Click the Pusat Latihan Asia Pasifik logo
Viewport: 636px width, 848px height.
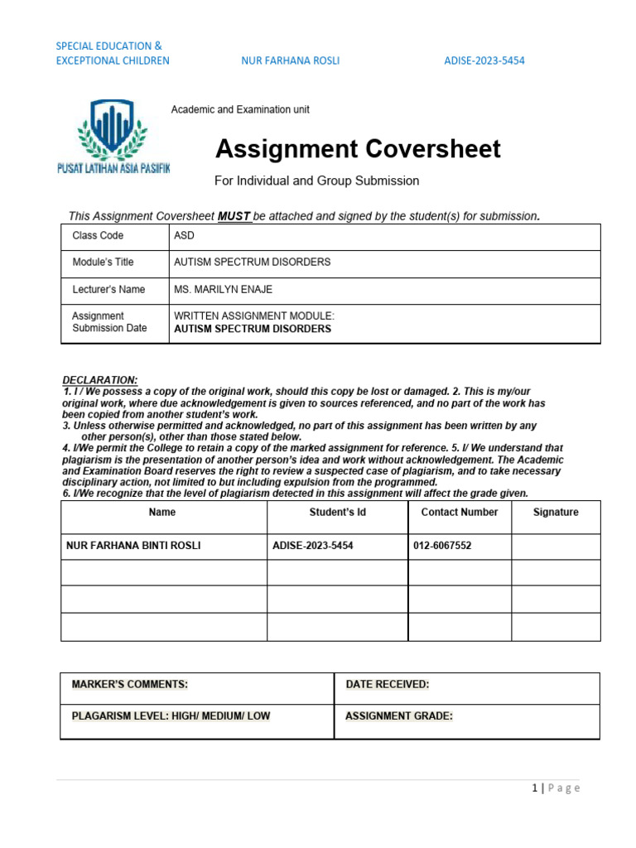point(113,136)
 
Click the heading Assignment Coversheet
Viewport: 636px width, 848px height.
point(358,149)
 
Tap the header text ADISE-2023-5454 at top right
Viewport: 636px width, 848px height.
point(484,60)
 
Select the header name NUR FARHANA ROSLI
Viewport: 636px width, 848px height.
point(290,60)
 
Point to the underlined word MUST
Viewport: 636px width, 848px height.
point(234,216)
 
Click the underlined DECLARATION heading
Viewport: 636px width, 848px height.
point(100,380)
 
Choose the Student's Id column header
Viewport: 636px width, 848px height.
point(337,513)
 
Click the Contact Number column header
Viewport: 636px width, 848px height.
point(460,513)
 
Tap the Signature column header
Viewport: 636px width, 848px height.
point(556,513)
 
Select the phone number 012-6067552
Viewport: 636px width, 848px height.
point(442,547)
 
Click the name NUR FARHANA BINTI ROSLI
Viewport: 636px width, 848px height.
point(133,547)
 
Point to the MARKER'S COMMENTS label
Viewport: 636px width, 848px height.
point(130,685)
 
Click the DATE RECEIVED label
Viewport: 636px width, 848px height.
point(387,685)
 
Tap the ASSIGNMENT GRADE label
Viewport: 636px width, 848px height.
point(399,716)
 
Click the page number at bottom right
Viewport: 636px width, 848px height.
point(556,788)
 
